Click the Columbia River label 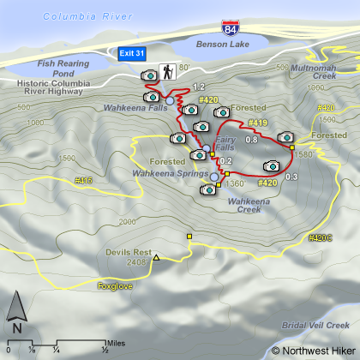coord(82,16)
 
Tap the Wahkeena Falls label coord(131,109)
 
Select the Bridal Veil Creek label coord(315,326)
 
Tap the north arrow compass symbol coord(15,314)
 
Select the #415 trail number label coord(83,180)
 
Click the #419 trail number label coord(258,124)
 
